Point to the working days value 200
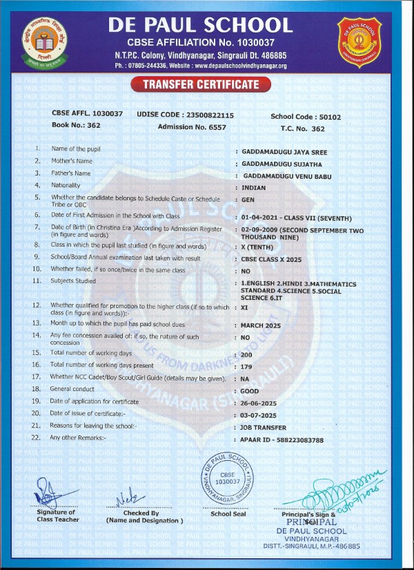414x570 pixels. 247,353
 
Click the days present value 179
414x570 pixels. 247,365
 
